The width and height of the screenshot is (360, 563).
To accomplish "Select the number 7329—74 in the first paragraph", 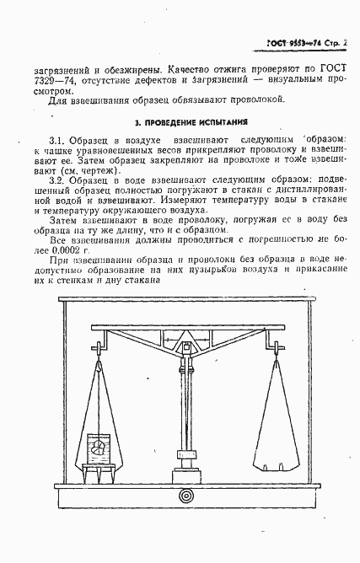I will click(36, 83).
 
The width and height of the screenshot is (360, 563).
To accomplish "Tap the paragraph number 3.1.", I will click(59, 138).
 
